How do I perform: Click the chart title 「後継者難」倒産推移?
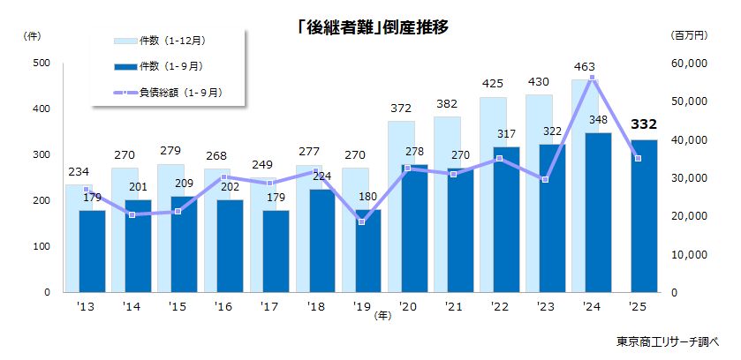coord(372,27)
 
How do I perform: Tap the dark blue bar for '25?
coord(643,216)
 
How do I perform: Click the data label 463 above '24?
coord(584,66)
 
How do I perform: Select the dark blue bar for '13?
coord(93,251)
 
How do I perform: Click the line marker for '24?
coord(593,79)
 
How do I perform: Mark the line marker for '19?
coord(361,221)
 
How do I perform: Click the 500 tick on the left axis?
coord(42,64)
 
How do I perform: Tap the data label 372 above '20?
coord(401,109)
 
